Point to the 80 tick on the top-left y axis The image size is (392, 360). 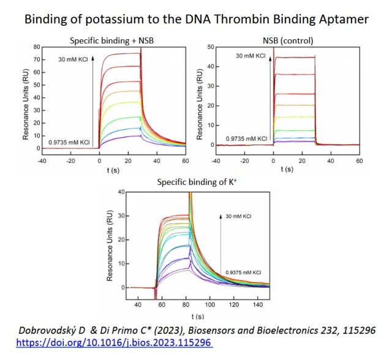tap(36, 47)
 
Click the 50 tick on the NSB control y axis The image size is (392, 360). tap(210, 47)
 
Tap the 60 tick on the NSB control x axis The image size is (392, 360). tap(358, 162)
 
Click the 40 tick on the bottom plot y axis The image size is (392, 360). tap(121, 192)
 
